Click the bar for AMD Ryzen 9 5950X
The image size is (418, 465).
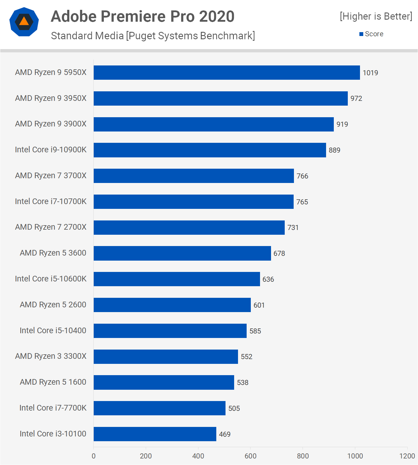click(227, 73)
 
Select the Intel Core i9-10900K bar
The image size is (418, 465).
click(210, 150)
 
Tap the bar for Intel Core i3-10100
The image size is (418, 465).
click(155, 434)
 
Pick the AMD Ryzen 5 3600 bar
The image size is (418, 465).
click(182, 253)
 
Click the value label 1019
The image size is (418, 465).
click(370, 73)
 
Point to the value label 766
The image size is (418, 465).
click(302, 176)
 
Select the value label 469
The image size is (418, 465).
click(225, 434)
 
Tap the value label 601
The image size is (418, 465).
click(259, 305)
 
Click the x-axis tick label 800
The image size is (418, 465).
click(303, 456)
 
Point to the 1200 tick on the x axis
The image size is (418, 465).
click(407, 456)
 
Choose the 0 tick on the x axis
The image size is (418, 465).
click(94, 456)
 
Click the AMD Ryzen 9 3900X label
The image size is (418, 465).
click(51, 124)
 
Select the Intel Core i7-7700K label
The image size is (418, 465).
click(53, 408)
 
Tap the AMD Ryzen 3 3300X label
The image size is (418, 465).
click(51, 356)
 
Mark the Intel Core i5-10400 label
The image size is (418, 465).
click(53, 331)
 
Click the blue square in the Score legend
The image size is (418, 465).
click(361, 34)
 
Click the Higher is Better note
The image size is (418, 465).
click(376, 16)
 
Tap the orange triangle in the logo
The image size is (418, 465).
click(24, 21)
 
